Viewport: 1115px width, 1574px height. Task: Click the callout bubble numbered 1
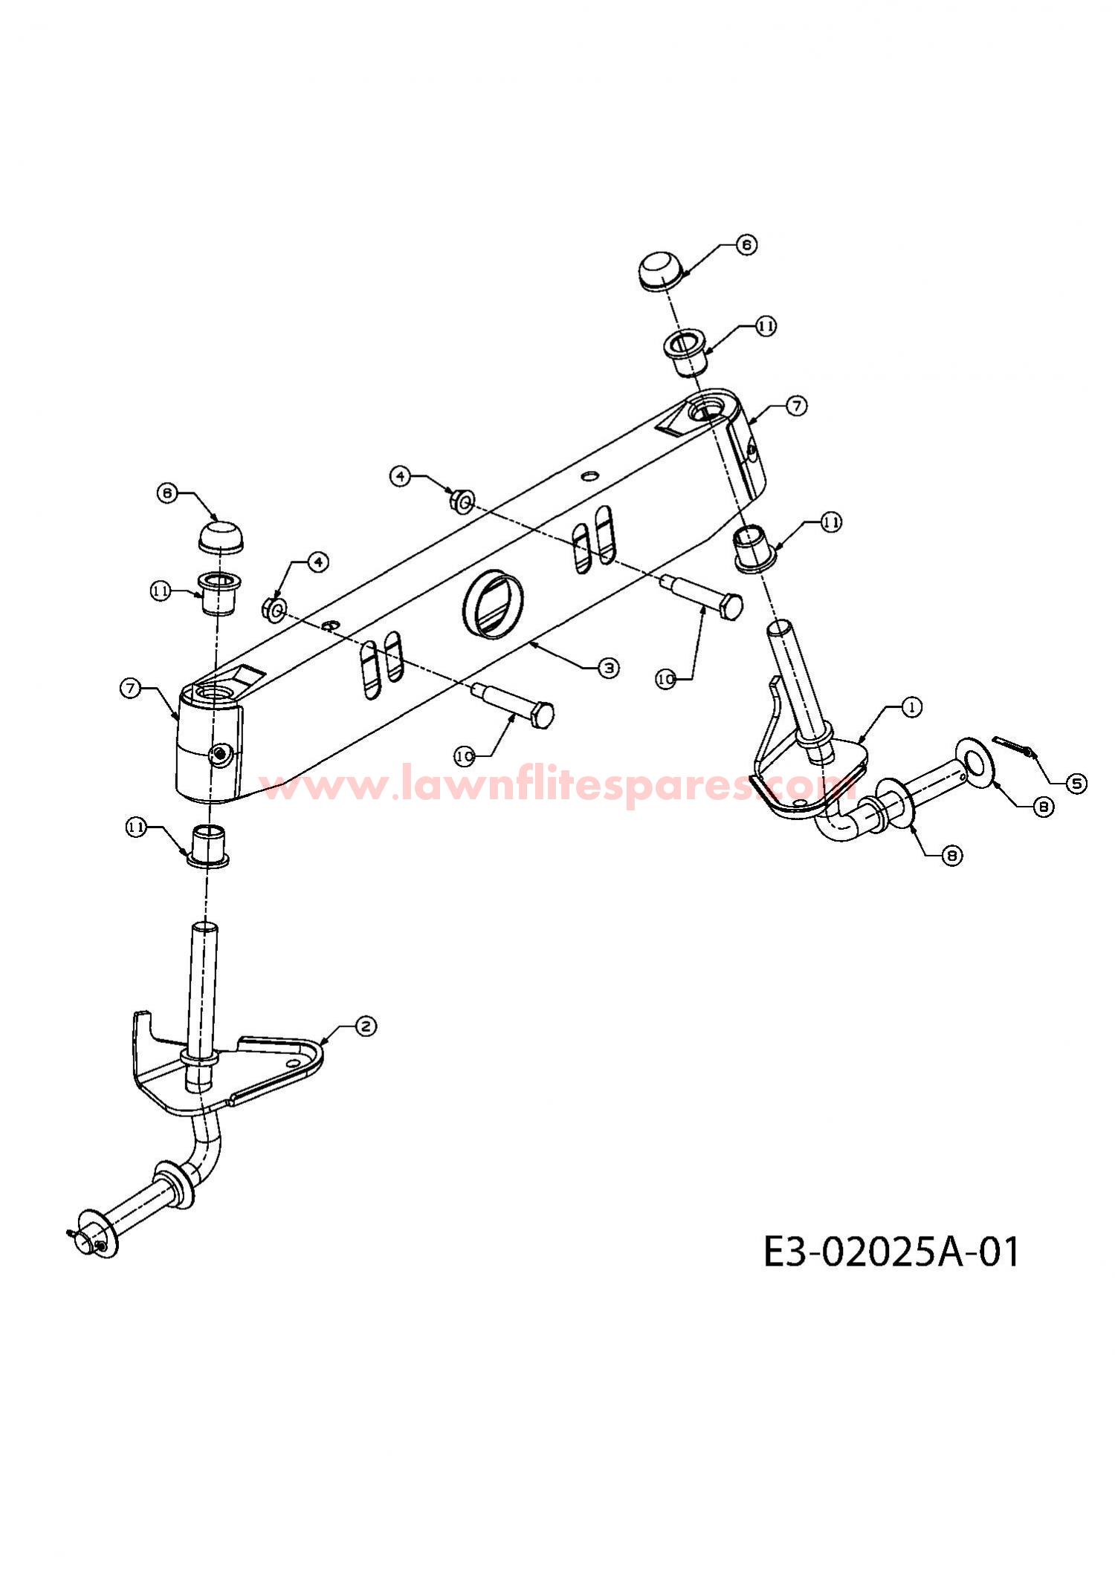point(912,707)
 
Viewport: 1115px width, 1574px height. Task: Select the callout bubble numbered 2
point(366,1027)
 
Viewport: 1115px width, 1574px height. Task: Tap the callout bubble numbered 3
point(609,668)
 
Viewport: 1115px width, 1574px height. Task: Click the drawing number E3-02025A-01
point(892,1252)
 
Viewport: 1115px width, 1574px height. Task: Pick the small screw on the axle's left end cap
point(220,755)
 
